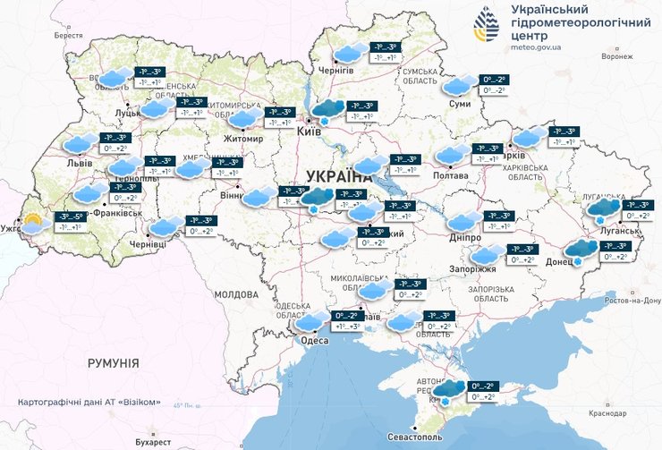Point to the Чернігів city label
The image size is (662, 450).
(336, 71)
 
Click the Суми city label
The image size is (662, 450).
(459, 104)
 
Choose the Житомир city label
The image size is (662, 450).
(242, 139)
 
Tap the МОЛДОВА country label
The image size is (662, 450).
(235, 293)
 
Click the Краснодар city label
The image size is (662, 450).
(606, 413)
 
